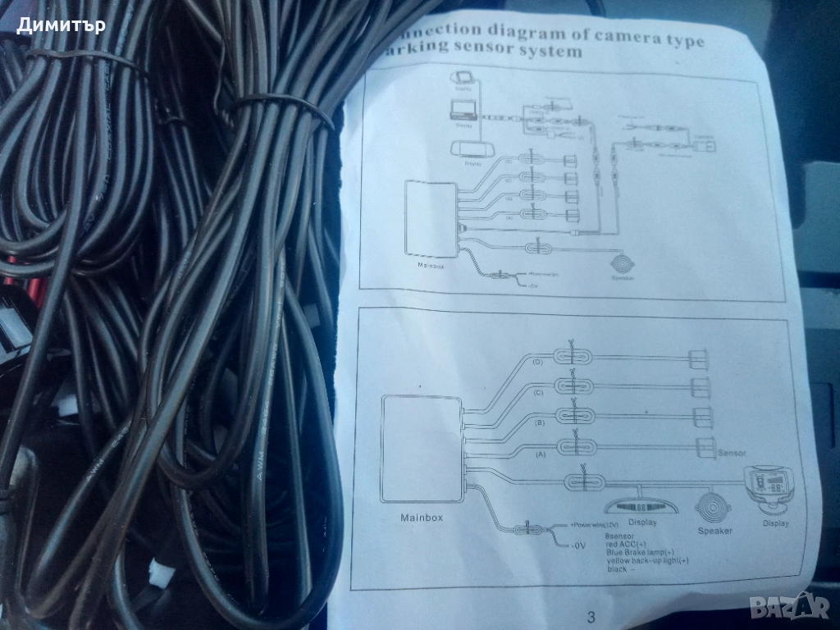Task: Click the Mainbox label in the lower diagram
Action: coord(422,518)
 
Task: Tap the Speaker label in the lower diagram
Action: coord(714,530)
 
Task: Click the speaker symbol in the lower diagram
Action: coord(714,506)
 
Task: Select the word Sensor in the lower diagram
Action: coord(731,452)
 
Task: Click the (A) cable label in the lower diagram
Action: coord(540,453)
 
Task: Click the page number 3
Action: coord(591,615)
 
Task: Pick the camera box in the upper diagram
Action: coord(705,146)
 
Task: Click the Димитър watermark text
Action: coord(61,25)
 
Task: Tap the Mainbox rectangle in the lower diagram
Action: coord(421,448)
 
